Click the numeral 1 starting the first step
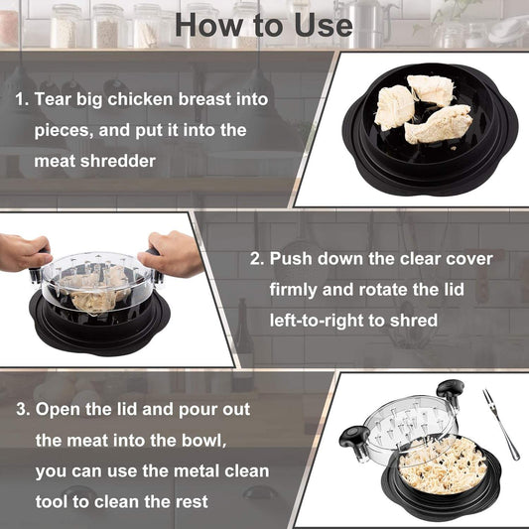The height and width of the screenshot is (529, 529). coord(20,100)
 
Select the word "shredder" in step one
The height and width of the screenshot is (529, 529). coord(120,160)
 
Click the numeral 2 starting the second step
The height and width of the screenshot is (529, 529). coord(255,258)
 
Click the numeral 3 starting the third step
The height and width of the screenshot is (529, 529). coord(20,409)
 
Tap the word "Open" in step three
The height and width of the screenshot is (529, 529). coord(59,409)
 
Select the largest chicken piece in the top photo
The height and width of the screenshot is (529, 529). coord(437,124)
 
